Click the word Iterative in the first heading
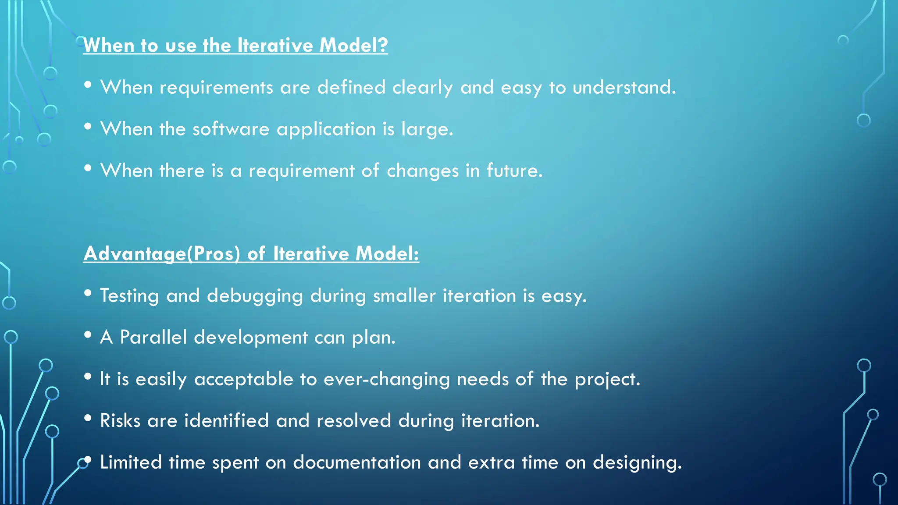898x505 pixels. pyautogui.click(x=275, y=45)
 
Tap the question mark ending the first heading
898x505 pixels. pyautogui.click(x=383, y=45)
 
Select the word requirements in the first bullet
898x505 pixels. pyautogui.click(x=216, y=88)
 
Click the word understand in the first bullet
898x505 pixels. pyautogui.click(x=624, y=87)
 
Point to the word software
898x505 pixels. pyautogui.click(x=231, y=129)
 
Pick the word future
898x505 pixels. pyautogui.click(x=514, y=171)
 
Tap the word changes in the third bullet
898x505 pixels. pyautogui.click(x=422, y=171)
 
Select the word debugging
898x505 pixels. pyautogui.click(x=255, y=296)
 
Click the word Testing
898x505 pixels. pyautogui.click(x=129, y=296)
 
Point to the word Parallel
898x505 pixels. pyautogui.click(x=153, y=337)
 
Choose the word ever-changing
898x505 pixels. pyautogui.click(x=386, y=379)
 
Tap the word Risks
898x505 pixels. pyautogui.click(x=120, y=420)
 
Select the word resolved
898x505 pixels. pyautogui.click(x=353, y=420)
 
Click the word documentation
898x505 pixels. pyautogui.click(x=356, y=462)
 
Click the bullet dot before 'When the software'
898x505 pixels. pyautogui.click(x=88, y=127)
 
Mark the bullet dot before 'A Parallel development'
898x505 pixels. pyautogui.click(x=88, y=335)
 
